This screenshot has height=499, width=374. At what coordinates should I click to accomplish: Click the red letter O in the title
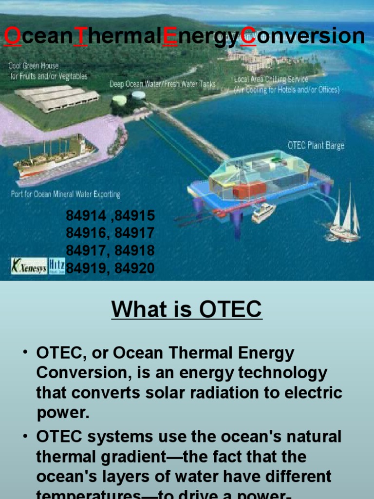[13, 37]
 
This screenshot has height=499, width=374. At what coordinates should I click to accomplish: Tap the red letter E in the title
[171, 37]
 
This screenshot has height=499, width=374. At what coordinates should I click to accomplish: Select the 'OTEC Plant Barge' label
[316, 146]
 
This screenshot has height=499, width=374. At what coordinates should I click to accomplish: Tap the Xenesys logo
[29, 266]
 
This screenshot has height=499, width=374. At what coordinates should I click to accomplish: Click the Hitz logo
[56, 266]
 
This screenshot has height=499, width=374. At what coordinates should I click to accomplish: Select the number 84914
[86, 216]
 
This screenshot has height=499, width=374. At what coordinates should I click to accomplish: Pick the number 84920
[135, 268]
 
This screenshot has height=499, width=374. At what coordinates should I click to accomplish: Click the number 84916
[86, 233]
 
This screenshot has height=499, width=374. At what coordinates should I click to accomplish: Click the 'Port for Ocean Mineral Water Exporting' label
[65, 194]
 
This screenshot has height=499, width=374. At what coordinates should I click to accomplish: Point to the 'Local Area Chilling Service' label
[271, 79]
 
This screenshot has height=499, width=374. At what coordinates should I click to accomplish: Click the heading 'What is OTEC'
[187, 309]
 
